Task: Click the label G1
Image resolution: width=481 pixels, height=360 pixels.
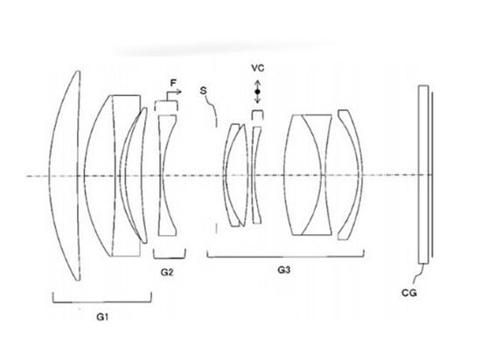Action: coord(102,317)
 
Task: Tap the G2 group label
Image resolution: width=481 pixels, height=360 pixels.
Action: coord(167,272)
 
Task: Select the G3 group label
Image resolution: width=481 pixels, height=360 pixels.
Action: coord(283,270)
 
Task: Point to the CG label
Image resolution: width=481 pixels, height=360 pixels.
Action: coord(409,294)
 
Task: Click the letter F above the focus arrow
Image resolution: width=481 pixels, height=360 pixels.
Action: coord(173,83)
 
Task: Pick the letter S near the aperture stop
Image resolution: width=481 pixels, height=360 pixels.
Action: coord(203,91)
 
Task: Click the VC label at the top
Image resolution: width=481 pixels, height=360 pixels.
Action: coord(258,68)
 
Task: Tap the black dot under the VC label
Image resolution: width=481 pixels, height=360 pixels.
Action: coord(257,92)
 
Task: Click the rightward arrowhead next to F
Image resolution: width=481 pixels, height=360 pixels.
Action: coord(179,92)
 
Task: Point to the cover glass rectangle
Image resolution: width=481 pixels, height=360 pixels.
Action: coord(423,175)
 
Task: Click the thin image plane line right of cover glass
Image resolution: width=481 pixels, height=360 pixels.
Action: coord(432,175)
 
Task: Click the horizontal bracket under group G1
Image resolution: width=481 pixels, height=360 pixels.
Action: coord(102,301)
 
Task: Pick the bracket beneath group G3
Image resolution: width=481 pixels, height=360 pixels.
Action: coord(286,256)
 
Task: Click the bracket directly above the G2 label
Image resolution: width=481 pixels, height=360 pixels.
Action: coord(170,258)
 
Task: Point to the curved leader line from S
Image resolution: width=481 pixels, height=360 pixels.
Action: coord(212,108)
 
